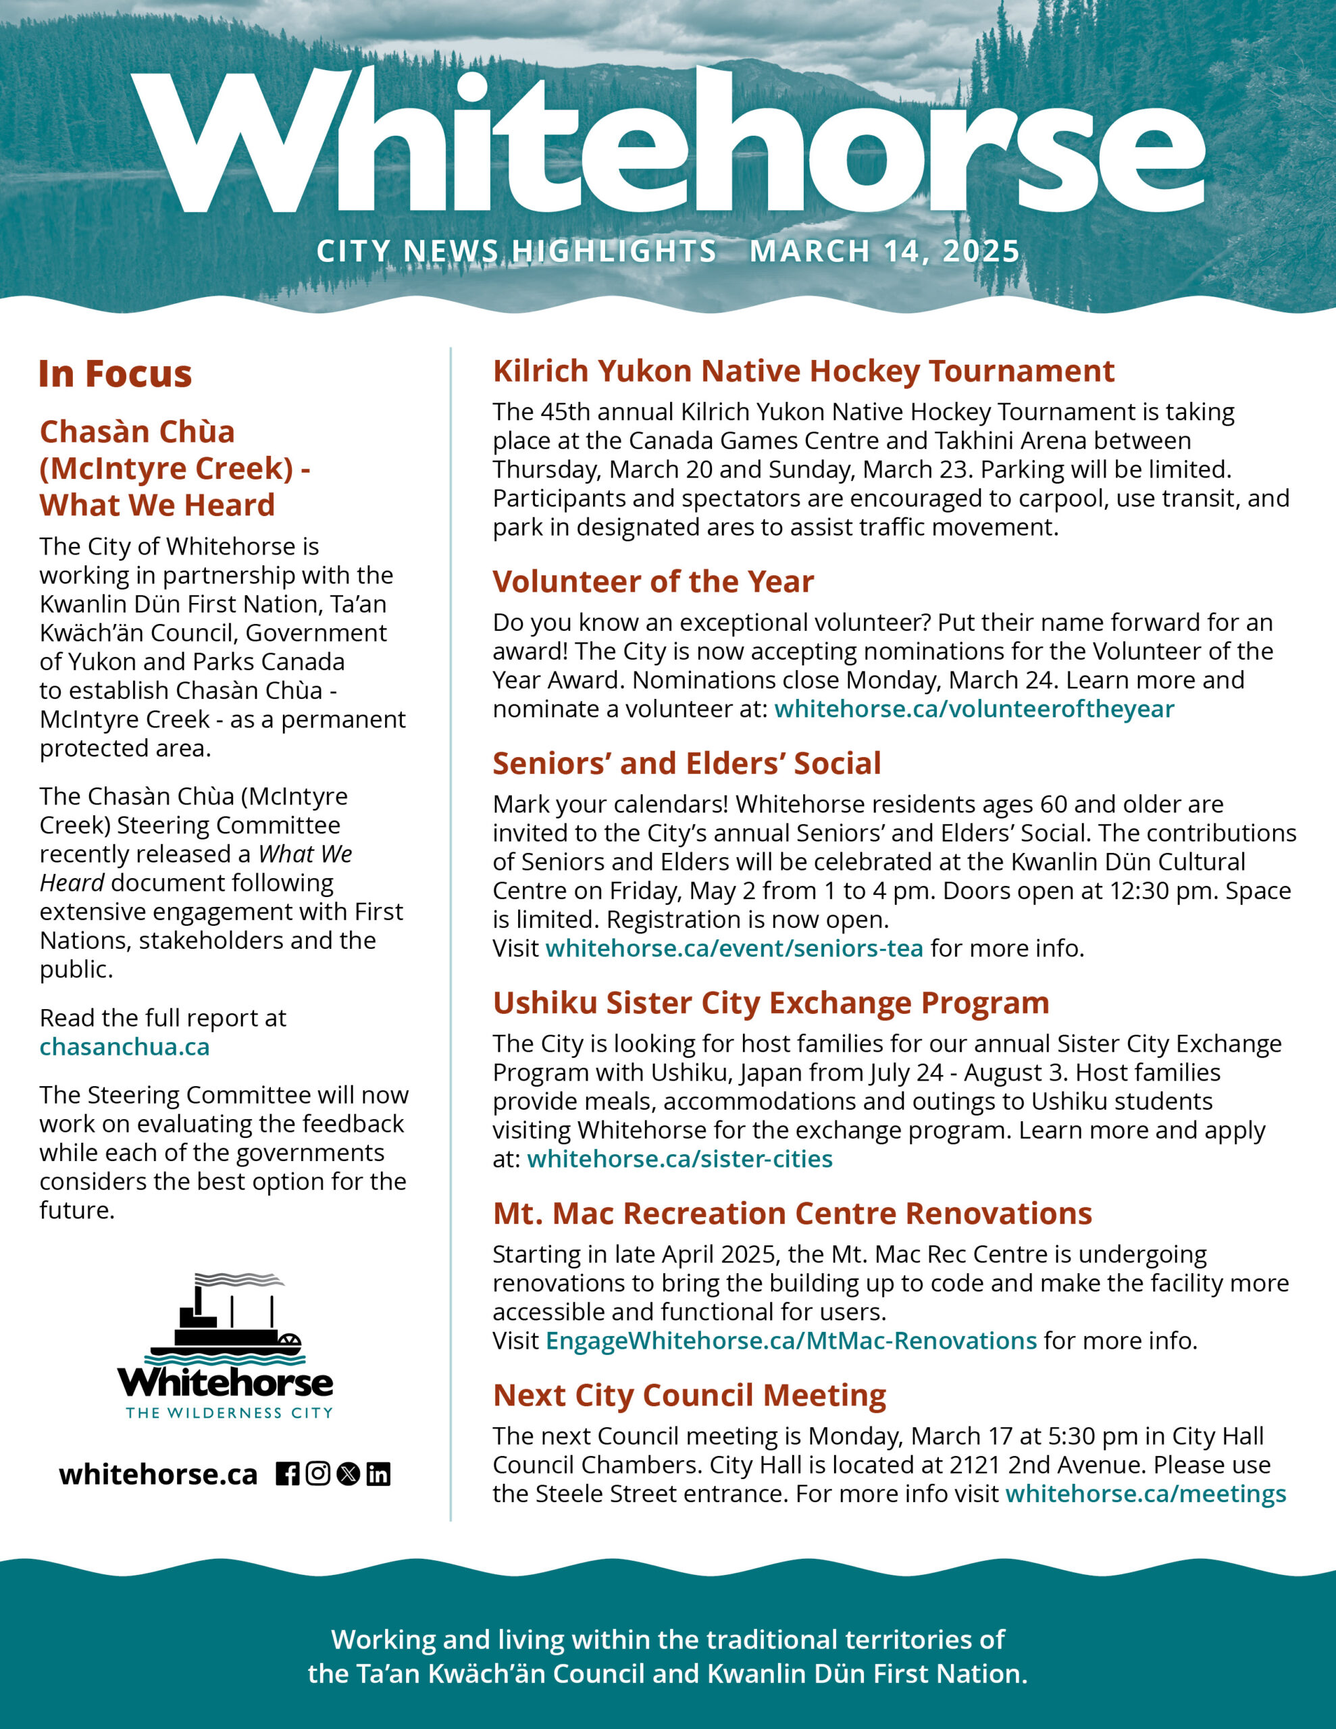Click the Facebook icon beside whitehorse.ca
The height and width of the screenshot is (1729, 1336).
coord(288,1474)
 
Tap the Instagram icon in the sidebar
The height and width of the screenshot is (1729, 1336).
coord(317,1474)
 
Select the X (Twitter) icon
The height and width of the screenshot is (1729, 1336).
coord(348,1474)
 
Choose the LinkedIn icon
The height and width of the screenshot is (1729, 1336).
coord(378,1474)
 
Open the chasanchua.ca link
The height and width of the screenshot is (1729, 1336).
coord(124,1047)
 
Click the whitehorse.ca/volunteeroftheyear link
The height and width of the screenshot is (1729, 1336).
coord(974,708)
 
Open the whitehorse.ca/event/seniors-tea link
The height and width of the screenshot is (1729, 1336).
coord(734,948)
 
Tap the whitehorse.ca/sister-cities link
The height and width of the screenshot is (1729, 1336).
coord(679,1159)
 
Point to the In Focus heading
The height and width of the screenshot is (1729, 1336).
coord(115,373)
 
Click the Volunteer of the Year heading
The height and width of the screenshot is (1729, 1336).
coord(652,582)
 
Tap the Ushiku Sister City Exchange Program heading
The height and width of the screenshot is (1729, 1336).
coord(771,1003)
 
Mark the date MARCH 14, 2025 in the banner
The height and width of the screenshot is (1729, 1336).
coord(885,252)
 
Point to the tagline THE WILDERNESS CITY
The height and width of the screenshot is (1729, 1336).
coord(229,1413)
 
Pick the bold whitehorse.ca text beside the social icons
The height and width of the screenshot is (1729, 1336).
coord(158,1475)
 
